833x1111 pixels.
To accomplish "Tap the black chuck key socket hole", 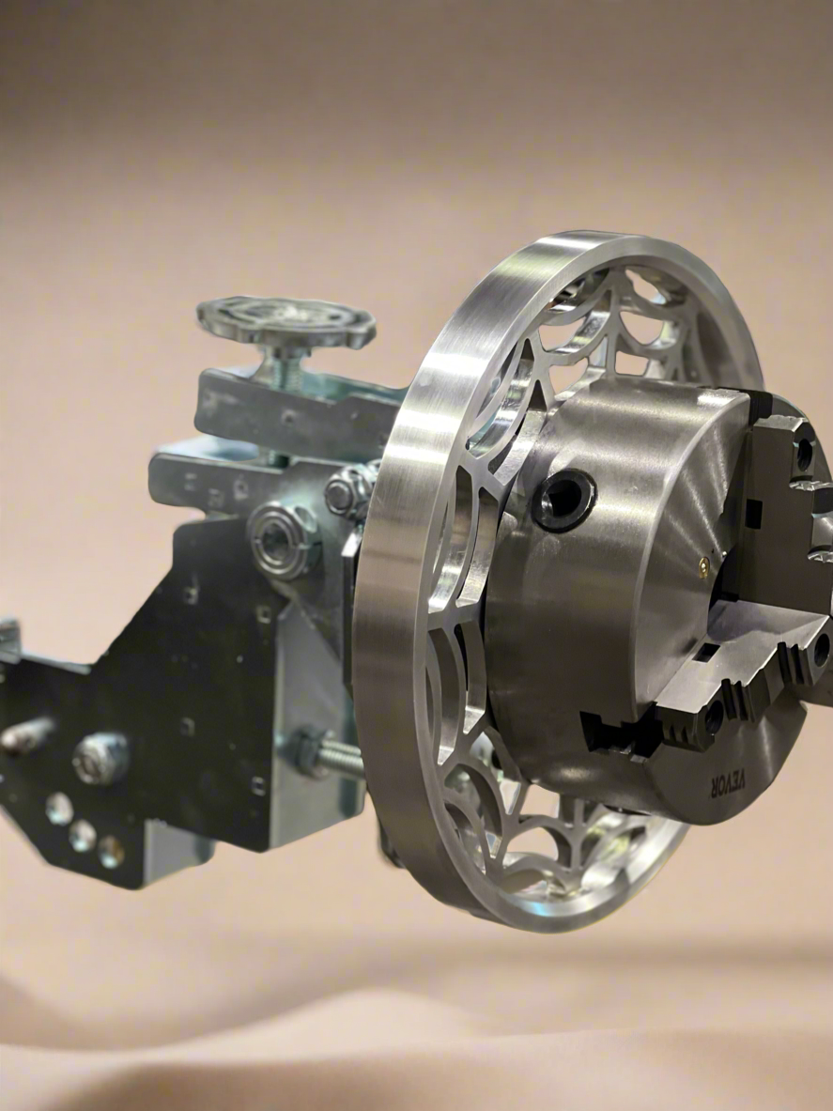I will coord(564,500).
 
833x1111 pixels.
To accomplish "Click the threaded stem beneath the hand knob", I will coord(290,366).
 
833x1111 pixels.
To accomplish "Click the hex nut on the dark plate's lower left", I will coord(100,757).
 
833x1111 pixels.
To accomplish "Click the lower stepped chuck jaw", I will coord(714,686).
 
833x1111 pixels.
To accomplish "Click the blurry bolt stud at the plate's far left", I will coord(23,735).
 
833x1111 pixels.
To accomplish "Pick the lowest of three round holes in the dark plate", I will coord(111,852).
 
